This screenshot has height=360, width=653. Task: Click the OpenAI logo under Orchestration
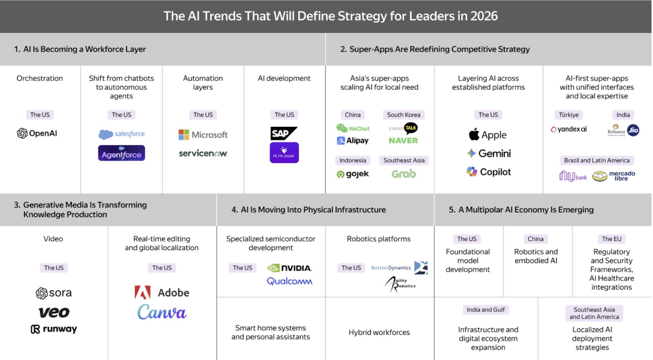(x=37, y=133)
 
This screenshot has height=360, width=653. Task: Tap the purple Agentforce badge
(x=121, y=153)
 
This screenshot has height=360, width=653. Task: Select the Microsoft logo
(x=203, y=135)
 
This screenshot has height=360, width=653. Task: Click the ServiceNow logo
(x=203, y=153)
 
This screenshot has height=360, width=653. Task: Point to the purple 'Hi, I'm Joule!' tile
(x=284, y=153)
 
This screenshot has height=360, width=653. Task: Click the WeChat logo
(x=353, y=128)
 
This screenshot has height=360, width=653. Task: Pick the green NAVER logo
(x=403, y=140)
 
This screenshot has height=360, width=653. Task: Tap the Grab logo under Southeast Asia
(x=404, y=174)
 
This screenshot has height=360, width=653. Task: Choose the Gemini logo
(x=488, y=153)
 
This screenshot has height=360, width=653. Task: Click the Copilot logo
(x=488, y=172)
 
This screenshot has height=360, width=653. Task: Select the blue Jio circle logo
(x=633, y=130)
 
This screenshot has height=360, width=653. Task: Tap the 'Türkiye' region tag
(x=569, y=115)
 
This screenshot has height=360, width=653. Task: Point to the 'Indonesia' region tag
(x=353, y=160)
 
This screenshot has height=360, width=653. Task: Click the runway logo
(x=54, y=329)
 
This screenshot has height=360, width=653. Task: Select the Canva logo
(x=162, y=312)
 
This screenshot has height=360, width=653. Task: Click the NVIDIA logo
(x=290, y=268)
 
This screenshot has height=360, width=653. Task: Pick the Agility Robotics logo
(x=400, y=284)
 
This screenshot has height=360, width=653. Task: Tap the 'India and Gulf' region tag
(x=486, y=310)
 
